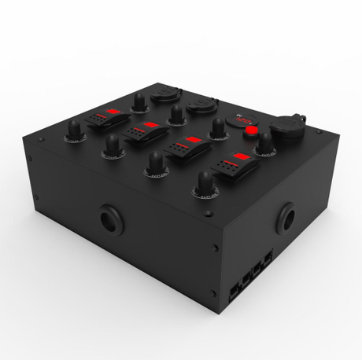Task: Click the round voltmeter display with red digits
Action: pyautogui.click(x=240, y=122)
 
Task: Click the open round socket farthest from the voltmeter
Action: pyautogui.click(x=168, y=94)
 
